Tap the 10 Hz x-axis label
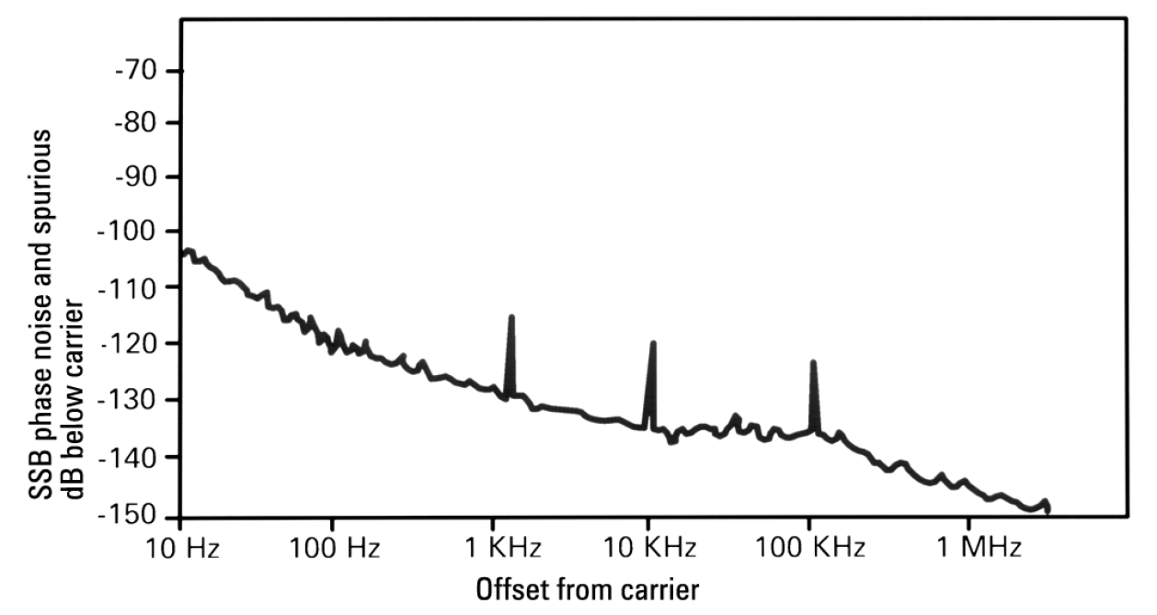tap(180, 549)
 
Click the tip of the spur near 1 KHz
tap(510, 317)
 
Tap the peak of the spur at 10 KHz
tap(653, 343)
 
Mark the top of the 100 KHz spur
tap(813, 362)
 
